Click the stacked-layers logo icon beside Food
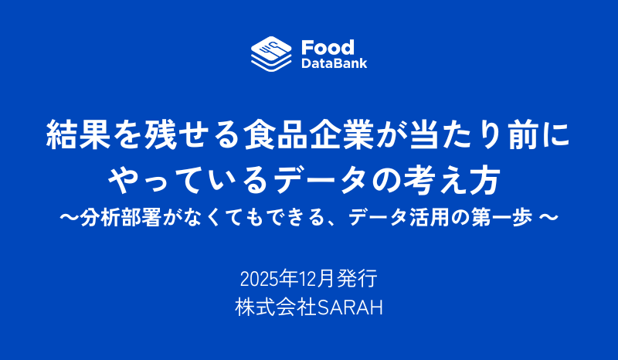coord(271,53)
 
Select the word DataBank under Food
coord(334,63)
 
